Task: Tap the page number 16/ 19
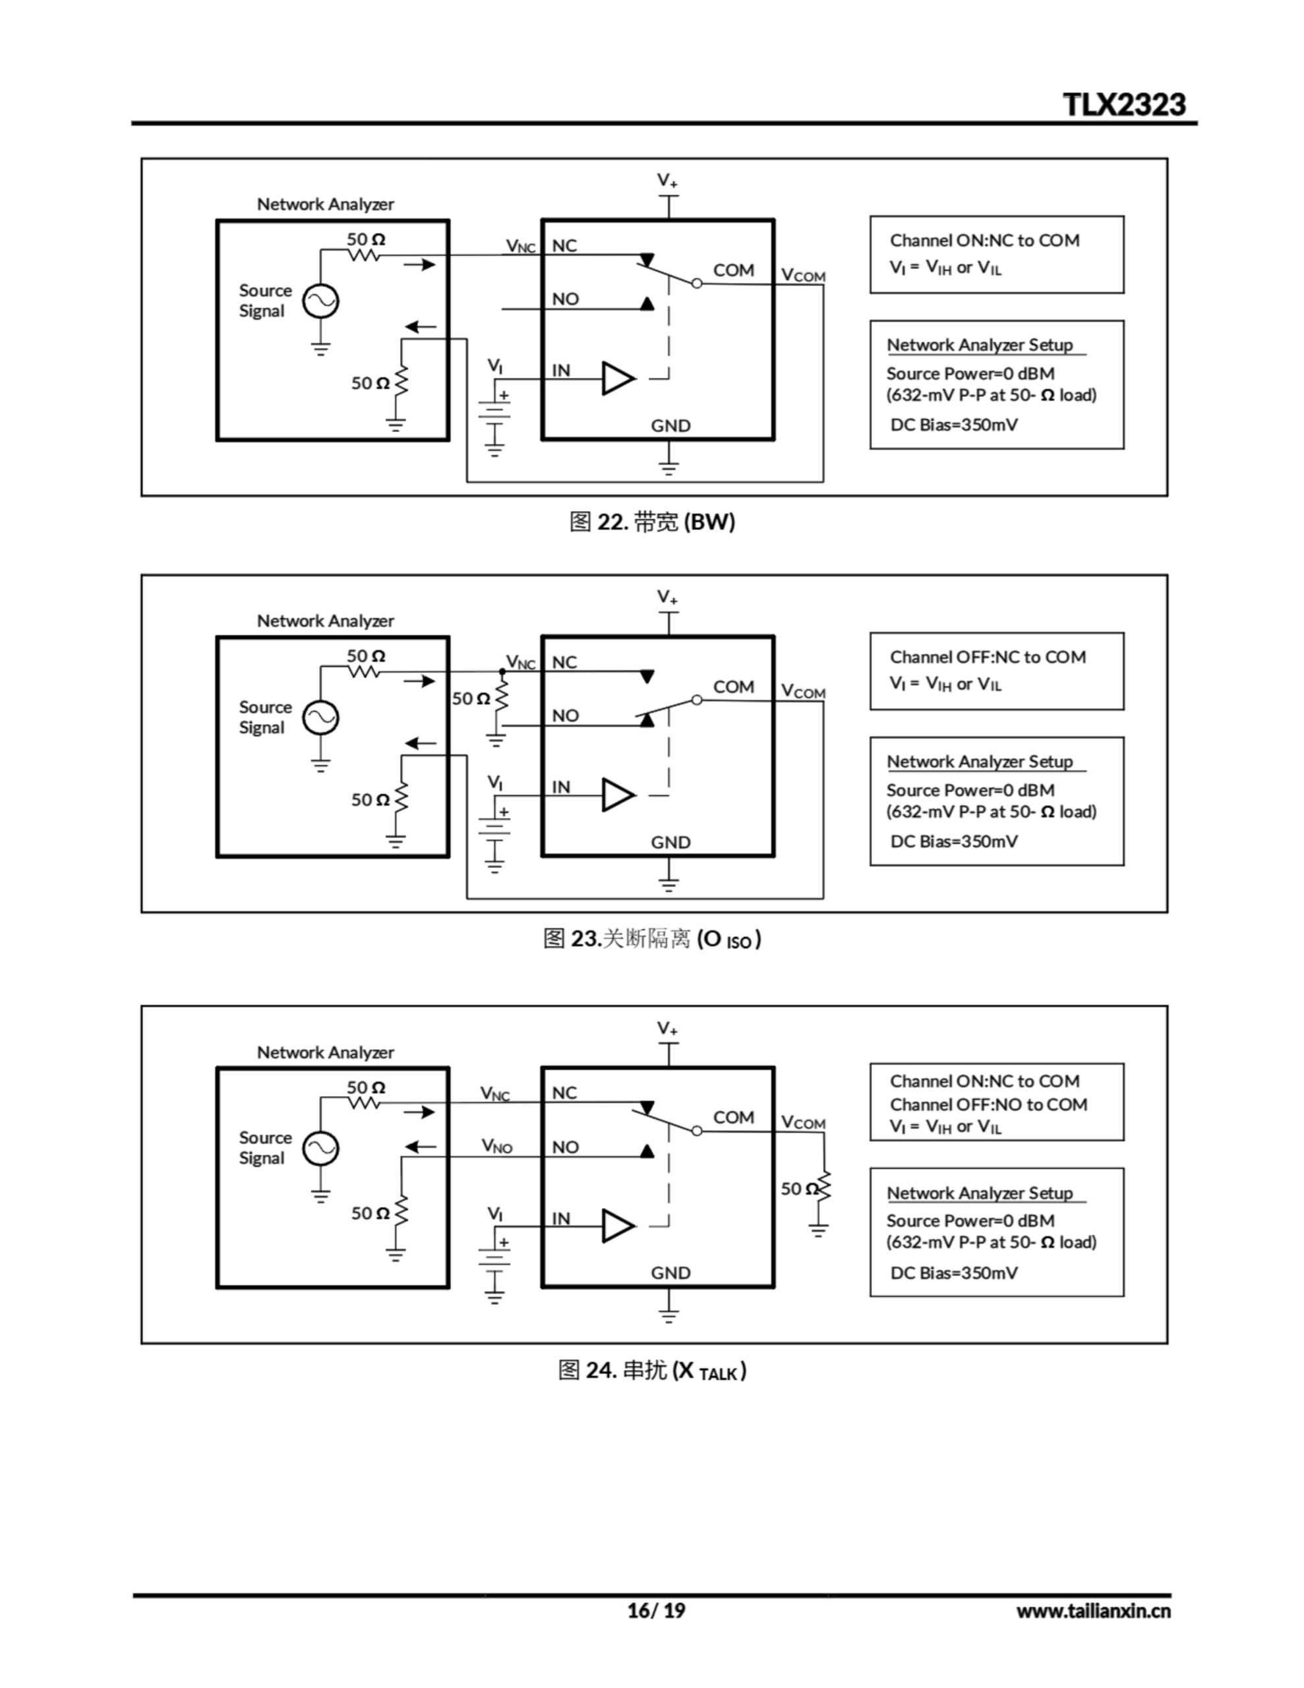[655, 1610]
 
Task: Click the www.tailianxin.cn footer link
[1092, 1611]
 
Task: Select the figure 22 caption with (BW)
[651, 522]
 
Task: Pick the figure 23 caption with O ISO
[651, 939]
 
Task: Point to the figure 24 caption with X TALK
[651, 1370]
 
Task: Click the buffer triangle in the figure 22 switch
[618, 378]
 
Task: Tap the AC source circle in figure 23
[320, 718]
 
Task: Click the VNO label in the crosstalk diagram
[496, 1145]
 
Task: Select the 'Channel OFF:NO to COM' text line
[988, 1104]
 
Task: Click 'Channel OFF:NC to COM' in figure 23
[987, 657]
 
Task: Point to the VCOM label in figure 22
[803, 275]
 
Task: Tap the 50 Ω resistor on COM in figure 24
[824, 1188]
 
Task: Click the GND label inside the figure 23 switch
[670, 843]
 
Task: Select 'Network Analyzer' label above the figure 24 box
[326, 1052]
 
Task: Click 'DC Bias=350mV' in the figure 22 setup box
[954, 425]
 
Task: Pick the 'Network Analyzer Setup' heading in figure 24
[980, 1193]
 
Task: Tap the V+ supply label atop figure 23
[667, 597]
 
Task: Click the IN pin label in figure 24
[561, 1219]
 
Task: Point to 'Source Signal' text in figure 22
[264, 301]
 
